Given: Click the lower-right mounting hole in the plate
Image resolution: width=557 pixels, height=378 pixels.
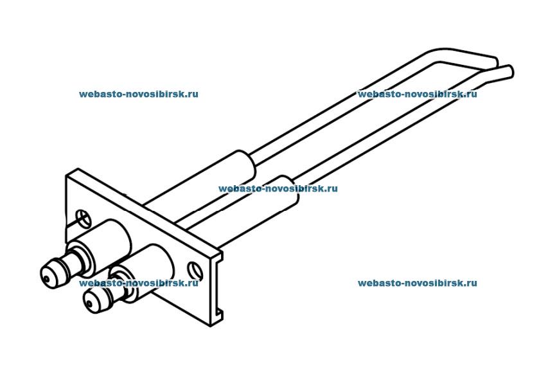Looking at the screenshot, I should tap(192, 267).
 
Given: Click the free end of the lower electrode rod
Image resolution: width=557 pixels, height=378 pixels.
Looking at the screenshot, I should tap(509, 70).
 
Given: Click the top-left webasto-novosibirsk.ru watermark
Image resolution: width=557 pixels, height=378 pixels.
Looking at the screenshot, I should tap(139, 94).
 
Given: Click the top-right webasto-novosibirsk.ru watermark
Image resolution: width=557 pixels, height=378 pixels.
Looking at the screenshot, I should tap(417, 94).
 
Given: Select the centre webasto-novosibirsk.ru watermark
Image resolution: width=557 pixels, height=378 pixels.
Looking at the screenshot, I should tap(278, 189).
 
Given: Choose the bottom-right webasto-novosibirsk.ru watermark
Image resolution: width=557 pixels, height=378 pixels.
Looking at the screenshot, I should tap(417, 283).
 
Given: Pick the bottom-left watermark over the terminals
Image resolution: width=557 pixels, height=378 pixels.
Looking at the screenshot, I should tap(139, 283).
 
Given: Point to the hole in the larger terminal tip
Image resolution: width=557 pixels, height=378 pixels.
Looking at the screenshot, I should tap(47, 278).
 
